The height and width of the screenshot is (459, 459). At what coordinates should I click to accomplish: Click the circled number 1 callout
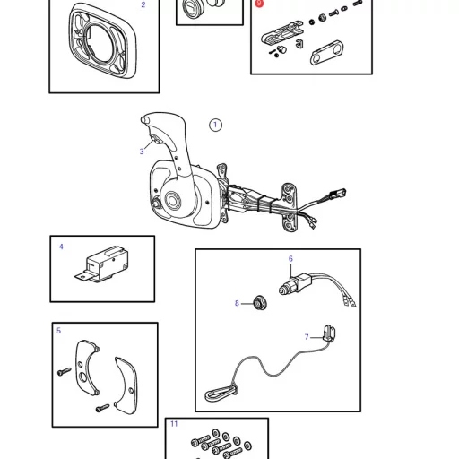(x=215, y=125)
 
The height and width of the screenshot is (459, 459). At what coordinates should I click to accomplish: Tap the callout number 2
(x=143, y=4)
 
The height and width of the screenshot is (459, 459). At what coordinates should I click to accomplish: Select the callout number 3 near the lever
(x=142, y=152)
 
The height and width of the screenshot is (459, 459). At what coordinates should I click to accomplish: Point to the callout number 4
(x=61, y=247)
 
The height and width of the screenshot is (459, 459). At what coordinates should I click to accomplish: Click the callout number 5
(x=58, y=331)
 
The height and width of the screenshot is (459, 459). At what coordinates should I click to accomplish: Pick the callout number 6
(x=290, y=259)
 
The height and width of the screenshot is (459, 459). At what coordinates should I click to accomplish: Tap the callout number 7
(x=307, y=337)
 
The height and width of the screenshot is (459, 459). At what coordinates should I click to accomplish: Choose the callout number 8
(x=237, y=303)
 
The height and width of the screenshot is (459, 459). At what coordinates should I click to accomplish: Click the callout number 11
(x=174, y=424)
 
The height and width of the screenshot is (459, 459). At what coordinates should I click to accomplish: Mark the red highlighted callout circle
(x=259, y=4)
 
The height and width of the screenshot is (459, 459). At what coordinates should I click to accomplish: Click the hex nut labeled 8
(x=260, y=303)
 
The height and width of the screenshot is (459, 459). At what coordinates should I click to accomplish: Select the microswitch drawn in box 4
(x=102, y=264)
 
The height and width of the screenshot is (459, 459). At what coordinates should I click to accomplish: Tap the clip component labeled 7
(x=328, y=333)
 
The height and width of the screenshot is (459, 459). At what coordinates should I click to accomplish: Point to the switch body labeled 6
(x=296, y=285)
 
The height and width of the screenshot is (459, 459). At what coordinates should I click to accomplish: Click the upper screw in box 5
(x=64, y=372)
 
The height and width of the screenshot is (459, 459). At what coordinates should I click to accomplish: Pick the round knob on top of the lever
(x=144, y=119)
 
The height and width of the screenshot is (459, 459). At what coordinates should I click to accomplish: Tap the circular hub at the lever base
(x=172, y=198)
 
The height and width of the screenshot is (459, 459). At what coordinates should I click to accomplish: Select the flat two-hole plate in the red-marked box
(x=326, y=53)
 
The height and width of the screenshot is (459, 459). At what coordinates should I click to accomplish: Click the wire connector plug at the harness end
(x=338, y=193)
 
